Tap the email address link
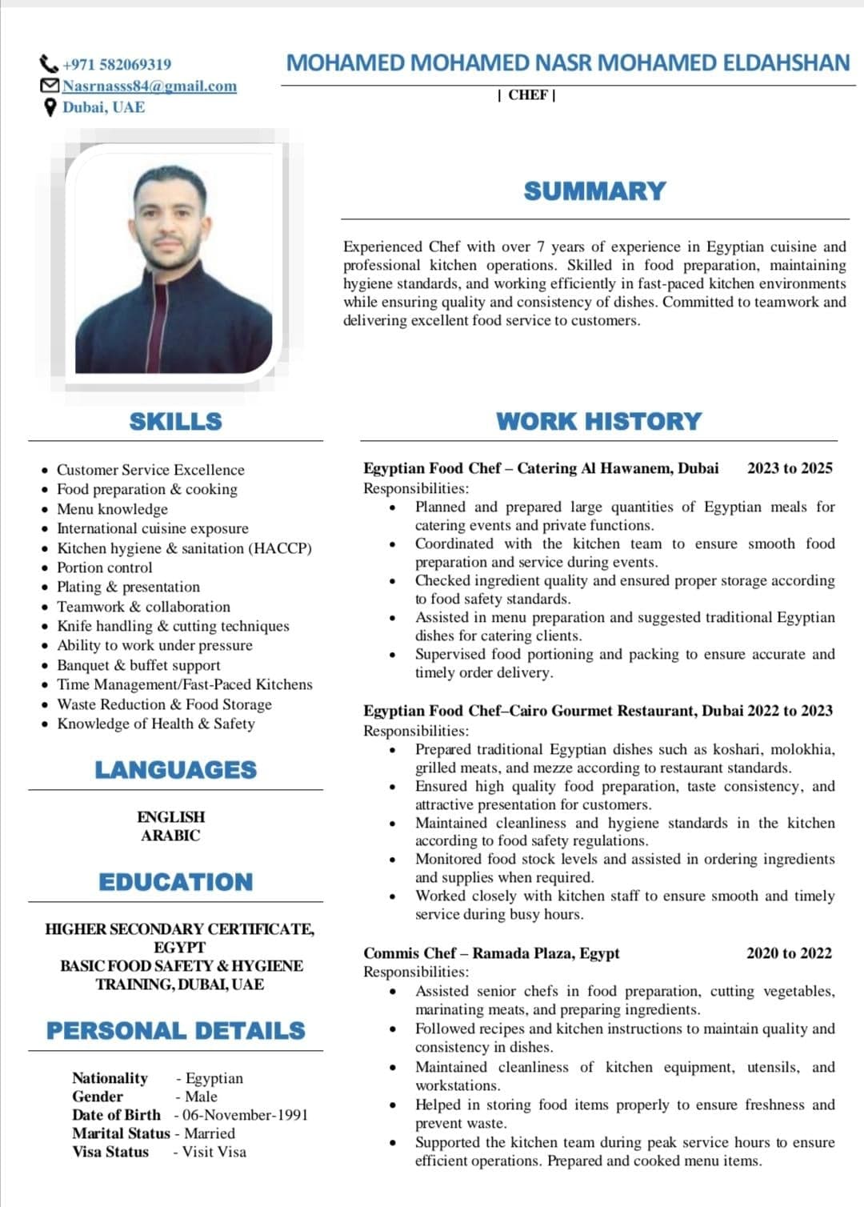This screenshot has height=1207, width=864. (150, 86)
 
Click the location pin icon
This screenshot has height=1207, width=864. (49, 107)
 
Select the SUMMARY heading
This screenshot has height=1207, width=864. (594, 191)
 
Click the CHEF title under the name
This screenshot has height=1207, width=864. (527, 94)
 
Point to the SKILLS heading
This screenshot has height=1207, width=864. (176, 421)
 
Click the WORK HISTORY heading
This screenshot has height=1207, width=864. (598, 421)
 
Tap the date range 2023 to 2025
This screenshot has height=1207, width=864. (790, 468)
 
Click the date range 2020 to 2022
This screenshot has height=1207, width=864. (789, 953)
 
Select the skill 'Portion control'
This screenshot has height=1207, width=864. (104, 567)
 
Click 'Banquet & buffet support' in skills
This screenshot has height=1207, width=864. (138, 665)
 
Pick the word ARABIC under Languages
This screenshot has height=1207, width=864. (170, 836)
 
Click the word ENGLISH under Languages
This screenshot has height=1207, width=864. (170, 817)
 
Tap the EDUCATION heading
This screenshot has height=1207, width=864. (176, 882)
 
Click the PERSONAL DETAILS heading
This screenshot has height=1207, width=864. (176, 1031)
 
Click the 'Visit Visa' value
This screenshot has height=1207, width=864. (214, 1152)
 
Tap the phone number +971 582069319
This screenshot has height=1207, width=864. (117, 64)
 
